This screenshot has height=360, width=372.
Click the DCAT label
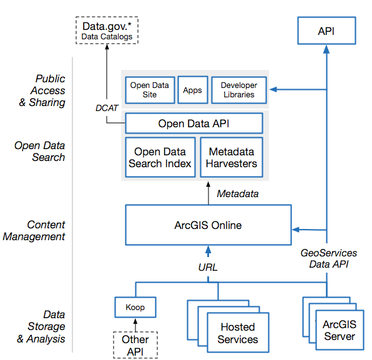tap(107, 108)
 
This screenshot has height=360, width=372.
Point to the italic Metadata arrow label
tap(238, 194)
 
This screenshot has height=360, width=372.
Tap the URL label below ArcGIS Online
tap(208, 268)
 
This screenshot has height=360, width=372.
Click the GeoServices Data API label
tap(329, 258)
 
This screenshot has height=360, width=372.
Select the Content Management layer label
tap(34, 230)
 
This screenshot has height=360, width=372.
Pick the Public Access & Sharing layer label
tap(42, 90)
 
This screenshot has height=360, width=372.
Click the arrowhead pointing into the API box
tap(326, 49)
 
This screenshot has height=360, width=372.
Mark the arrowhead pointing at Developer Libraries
tap(273, 89)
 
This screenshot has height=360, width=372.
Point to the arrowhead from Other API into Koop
tap(135, 321)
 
